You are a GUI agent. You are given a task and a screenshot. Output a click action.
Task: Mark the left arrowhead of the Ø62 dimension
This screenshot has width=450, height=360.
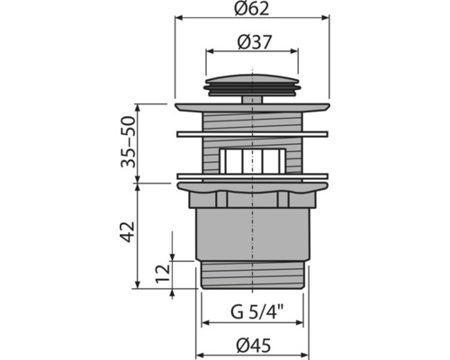(x=177, y=16)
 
